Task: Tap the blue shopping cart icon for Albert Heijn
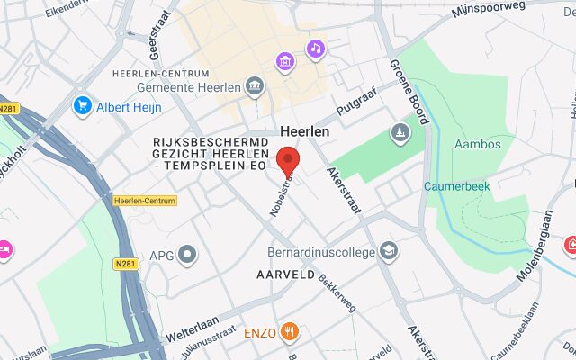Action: [84, 106]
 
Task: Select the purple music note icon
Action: [315, 49]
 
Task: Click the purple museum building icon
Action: [284, 62]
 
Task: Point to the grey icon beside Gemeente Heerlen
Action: [256, 87]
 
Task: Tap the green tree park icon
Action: [399, 133]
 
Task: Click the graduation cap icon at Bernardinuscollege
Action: [389, 251]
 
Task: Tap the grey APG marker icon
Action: [187, 255]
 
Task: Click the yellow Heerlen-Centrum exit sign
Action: [145, 200]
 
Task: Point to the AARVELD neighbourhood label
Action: [286, 274]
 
